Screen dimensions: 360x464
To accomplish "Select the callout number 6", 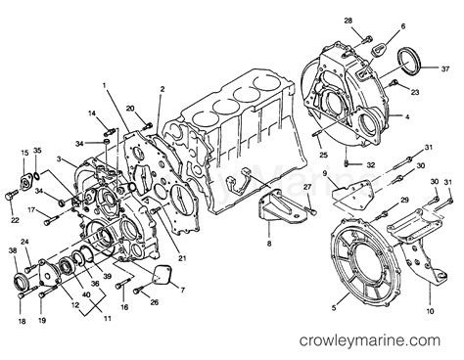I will click(x=401, y=27).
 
